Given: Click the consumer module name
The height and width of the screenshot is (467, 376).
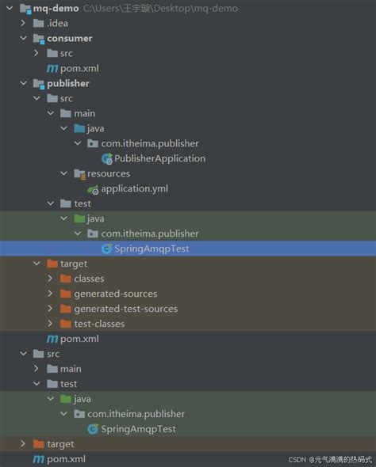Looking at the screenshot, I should (70, 38).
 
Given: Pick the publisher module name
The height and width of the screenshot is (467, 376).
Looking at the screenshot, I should (68, 83).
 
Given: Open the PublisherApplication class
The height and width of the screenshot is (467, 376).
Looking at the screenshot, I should (159, 158).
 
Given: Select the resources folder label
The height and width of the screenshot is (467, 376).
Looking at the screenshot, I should (109, 173).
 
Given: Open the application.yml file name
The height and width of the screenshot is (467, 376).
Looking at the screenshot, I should (135, 188).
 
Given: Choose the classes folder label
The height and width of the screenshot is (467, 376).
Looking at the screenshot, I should (89, 279).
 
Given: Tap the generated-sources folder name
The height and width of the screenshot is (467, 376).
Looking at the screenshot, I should (116, 294).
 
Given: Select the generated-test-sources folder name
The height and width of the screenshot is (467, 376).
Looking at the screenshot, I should (125, 309).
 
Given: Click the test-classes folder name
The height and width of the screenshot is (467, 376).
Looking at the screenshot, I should (99, 323).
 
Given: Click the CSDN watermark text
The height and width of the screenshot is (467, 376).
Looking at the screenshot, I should (297, 459).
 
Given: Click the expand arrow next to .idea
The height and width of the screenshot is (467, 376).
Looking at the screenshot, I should (23, 23).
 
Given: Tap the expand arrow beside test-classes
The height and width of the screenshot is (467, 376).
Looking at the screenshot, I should (50, 323).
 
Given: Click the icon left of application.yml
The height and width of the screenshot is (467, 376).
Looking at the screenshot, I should (93, 188).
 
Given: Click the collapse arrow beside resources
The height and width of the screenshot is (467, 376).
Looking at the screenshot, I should (63, 173).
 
